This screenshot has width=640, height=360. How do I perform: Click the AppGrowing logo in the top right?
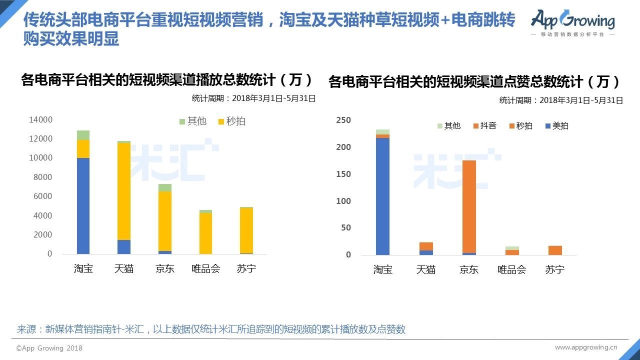click(573, 23)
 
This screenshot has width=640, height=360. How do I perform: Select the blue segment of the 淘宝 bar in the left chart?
click(83, 205)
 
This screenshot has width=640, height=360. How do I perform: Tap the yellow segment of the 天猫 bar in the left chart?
click(124, 191)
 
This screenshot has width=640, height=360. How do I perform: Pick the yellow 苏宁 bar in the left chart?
click(246, 230)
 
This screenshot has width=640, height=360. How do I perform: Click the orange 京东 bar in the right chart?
click(469, 206)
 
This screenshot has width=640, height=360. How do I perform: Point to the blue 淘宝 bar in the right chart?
click(382, 196)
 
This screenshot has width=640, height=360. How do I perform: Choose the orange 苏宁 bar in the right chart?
click(555, 250)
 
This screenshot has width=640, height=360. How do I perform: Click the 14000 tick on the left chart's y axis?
click(40, 119)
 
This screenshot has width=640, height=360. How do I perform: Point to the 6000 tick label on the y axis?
click(43, 196)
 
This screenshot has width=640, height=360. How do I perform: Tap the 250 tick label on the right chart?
click(343, 120)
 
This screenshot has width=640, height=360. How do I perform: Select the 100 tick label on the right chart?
click(343, 201)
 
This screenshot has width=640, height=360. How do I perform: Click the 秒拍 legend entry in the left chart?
click(231, 121)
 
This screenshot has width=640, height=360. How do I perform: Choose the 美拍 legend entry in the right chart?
click(557, 125)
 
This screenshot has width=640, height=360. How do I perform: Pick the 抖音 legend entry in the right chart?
click(485, 125)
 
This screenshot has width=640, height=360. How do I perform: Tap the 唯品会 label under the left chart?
click(205, 268)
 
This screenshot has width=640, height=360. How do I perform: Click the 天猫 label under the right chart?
click(425, 269)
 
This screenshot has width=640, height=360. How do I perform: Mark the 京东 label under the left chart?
click(165, 268)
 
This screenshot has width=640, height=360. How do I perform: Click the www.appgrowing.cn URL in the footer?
click(586, 347)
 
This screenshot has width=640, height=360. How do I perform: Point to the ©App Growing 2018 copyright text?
click(49, 348)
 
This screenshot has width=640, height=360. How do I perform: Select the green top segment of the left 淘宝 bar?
click(83, 135)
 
